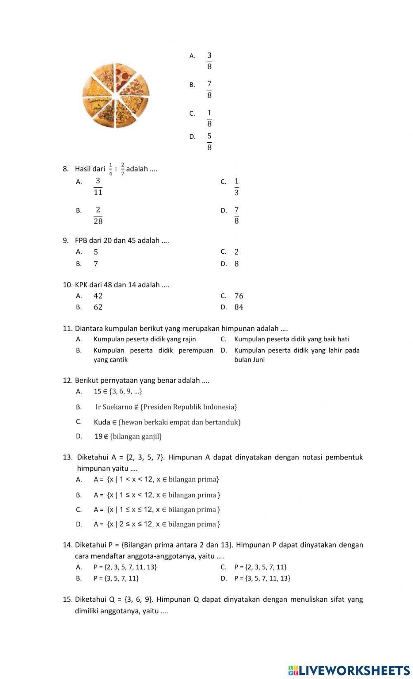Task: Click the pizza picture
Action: click(x=115, y=95)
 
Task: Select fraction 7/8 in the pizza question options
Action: click(x=209, y=89)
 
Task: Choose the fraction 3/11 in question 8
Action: click(x=98, y=186)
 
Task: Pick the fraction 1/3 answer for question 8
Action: click(x=236, y=186)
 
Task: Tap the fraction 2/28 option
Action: click(x=98, y=215)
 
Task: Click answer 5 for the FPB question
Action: click(x=96, y=252)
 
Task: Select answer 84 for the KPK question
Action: click(x=239, y=307)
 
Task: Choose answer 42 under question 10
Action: click(x=98, y=296)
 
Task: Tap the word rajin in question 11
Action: click(x=188, y=339)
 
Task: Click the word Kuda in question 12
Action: click(x=102, y=422)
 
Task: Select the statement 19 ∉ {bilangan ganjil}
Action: click(x=128, y=436)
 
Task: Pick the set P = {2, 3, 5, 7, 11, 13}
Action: click(x=125, y=567)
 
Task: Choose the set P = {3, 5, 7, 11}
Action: click(x=116, y=578)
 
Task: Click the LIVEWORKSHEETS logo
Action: click(x=349, y=670)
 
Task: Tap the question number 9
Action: click(x=65, y=241)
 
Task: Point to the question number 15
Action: click(x=67, y=599)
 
